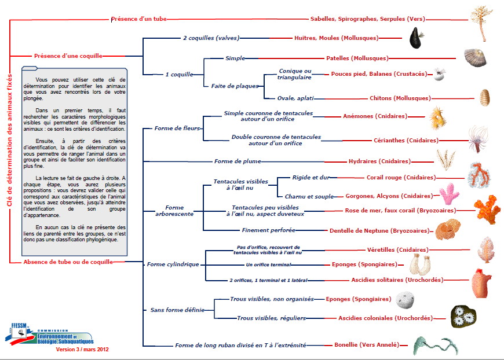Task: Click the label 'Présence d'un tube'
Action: tap(138, 19)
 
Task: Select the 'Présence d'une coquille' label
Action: tap(68, 56)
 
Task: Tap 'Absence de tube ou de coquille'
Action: tap(67, 262)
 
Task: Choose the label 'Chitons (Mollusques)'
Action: tap(400, 98)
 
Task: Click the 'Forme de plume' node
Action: tap(238, 161)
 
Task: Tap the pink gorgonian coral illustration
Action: tap(449, 196)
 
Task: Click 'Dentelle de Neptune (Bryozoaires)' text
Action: tap(379, 230)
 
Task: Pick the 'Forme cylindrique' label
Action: tap(173, 264)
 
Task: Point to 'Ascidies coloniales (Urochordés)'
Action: tap(385, 318)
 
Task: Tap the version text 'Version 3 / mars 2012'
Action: tap(82, 350)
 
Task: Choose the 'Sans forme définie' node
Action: tap(177, 310)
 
